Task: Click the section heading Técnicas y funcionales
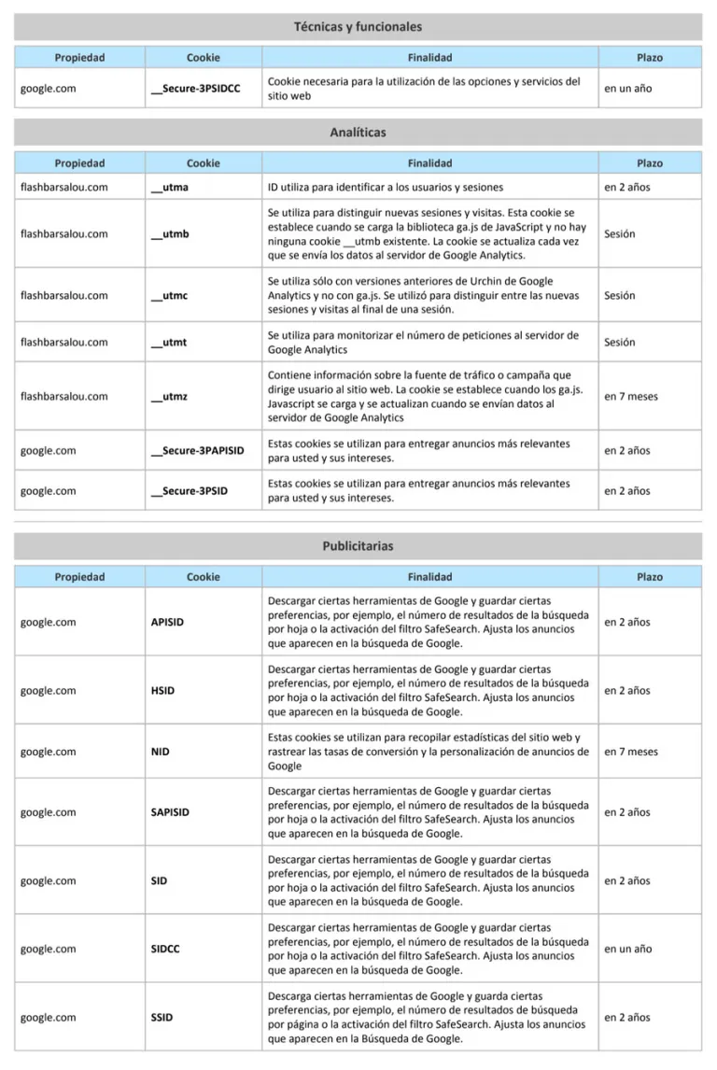click(x=358, y=27)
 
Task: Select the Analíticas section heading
click(x=358, y=133)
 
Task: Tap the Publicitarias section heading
click(x=358, y=545)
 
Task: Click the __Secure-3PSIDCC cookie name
click(x=195, y=89)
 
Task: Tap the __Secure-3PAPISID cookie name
click(x=197, y=450)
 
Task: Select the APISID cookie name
click(x=166, y=622)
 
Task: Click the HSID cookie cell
click(x=162, y=691)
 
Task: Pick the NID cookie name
click(x=161, y=752)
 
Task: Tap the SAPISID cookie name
click(x=170, y=812)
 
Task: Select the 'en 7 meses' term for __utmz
click(x=630, y=396)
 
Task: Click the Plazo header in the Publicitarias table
click(x=650, y=577)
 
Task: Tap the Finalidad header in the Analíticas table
click(x=429, y=163)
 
